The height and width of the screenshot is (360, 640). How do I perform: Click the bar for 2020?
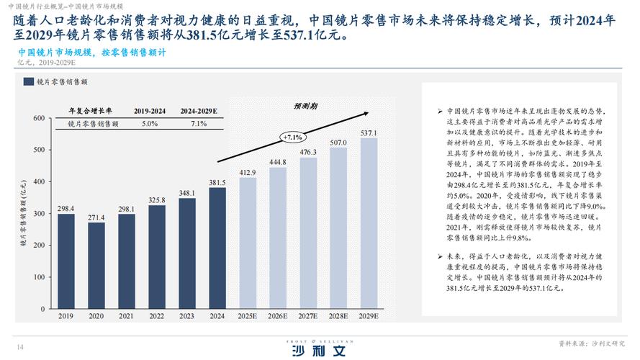click(x=96, y=266)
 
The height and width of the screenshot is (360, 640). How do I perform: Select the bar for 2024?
click(x=217, y=248)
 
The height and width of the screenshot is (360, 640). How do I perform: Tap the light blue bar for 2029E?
click(x=368, y=224)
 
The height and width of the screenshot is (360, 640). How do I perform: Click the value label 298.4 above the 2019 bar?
click(x=66, y=209)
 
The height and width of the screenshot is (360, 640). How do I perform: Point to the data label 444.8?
click(x=278, y=162)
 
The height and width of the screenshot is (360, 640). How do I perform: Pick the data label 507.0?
click(x=338, y=143)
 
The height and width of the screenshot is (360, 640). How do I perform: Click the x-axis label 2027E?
click(x=308, y=317)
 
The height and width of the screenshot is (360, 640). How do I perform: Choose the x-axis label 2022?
click(x=157, y=317)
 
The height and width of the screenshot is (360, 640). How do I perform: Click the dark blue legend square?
click(x=28, y=83)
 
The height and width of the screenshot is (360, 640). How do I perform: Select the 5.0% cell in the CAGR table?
click(x=150, y=124)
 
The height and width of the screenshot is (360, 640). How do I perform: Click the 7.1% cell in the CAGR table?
click(x=199, y=124)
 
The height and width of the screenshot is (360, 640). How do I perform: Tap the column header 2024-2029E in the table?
click(x=199, y=112)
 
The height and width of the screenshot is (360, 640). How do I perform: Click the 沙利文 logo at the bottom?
click(x=319, y=351)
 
